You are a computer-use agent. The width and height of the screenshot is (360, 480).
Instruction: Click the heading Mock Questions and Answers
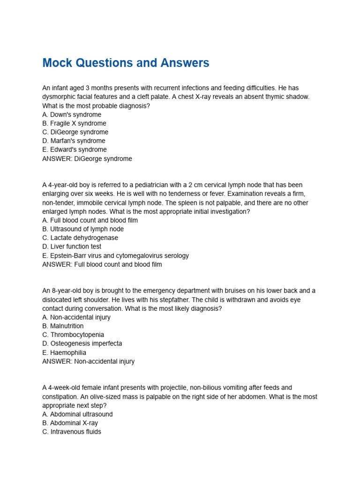click(126, 63)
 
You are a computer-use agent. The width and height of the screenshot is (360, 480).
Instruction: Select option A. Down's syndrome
click(72, 114)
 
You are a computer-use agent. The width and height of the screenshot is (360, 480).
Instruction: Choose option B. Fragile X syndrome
click(74, 123)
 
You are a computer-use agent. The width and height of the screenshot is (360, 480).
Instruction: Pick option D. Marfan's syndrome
click(74, 141)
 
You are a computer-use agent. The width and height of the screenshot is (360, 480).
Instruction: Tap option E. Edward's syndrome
click(75, 150)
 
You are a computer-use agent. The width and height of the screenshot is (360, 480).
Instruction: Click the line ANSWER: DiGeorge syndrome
click(87, 158)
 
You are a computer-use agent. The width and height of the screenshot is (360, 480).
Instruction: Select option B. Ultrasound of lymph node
click(83, 229)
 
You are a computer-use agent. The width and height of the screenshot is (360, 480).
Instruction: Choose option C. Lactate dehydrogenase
click(80, 238)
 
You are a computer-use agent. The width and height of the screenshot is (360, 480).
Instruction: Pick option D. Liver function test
click(72, 247)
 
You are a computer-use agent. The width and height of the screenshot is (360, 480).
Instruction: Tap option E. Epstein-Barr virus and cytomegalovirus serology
click(115, 255)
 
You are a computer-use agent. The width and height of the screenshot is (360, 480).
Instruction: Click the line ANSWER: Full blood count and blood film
click(102, 264)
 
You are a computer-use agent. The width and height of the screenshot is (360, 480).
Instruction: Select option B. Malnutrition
click(63, 326)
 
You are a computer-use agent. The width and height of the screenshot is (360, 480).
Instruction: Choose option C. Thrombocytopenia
click(73, 335)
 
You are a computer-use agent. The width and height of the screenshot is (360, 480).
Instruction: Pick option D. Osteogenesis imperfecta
click(82, 344)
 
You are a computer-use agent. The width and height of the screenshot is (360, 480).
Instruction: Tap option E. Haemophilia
click(64, 352)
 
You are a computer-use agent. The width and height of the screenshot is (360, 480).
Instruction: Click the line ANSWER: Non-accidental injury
click(88, 361)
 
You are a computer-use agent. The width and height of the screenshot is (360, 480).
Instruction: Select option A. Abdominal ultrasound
click(77, 414)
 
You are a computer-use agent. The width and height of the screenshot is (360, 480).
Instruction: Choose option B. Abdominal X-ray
click(70, 423)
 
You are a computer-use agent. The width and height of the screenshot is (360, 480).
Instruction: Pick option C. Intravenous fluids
click(72, 432)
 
